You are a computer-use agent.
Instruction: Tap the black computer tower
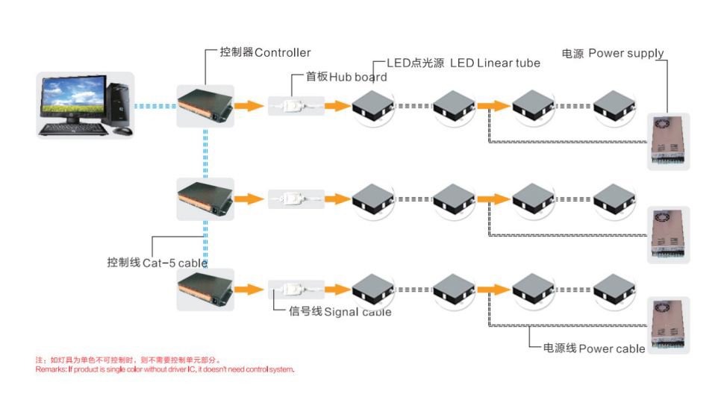pyautogui.click(x=119, y=104)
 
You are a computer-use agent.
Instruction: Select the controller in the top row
pyautogui.click(x=204, y=106)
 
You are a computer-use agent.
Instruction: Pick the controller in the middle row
pyautogui.click(x=204, y=198)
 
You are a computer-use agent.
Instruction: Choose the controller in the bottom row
pyautogui.click(x=204, y=290)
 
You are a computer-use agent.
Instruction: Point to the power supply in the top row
pyautogui.click(x=668, y=141)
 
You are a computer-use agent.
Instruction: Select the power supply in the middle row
pyautogui.click(x=668, y=234)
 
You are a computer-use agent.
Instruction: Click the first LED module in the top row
pyautogui.click(x=373, y=106)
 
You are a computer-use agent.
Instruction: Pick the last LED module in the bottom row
pyautogui.click(x=614, y=290)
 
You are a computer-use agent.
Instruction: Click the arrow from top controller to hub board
pyautogui.click(x=249, y=106)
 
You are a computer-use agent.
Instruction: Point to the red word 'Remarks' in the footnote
pyautogui.click(x=51, y=369)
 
